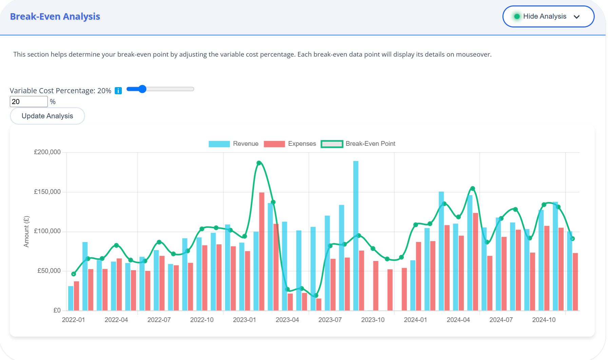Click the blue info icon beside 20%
coord(118,91)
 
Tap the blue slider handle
coord(142,89)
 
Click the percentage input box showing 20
coord(28,101)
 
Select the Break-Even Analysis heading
coord(55,16)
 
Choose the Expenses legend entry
coord(290,144)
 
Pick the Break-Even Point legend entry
coord(358,144)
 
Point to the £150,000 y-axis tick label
coord(47,192)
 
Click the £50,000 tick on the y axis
coord(49,271)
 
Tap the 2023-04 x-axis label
coord(287,320)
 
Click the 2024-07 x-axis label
coord(501,320)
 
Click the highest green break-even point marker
coord(259,163)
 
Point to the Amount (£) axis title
coord(26,232)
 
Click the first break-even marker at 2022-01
coord(74,274)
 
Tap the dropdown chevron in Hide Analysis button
coord(576,17)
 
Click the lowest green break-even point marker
coord(316,296)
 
